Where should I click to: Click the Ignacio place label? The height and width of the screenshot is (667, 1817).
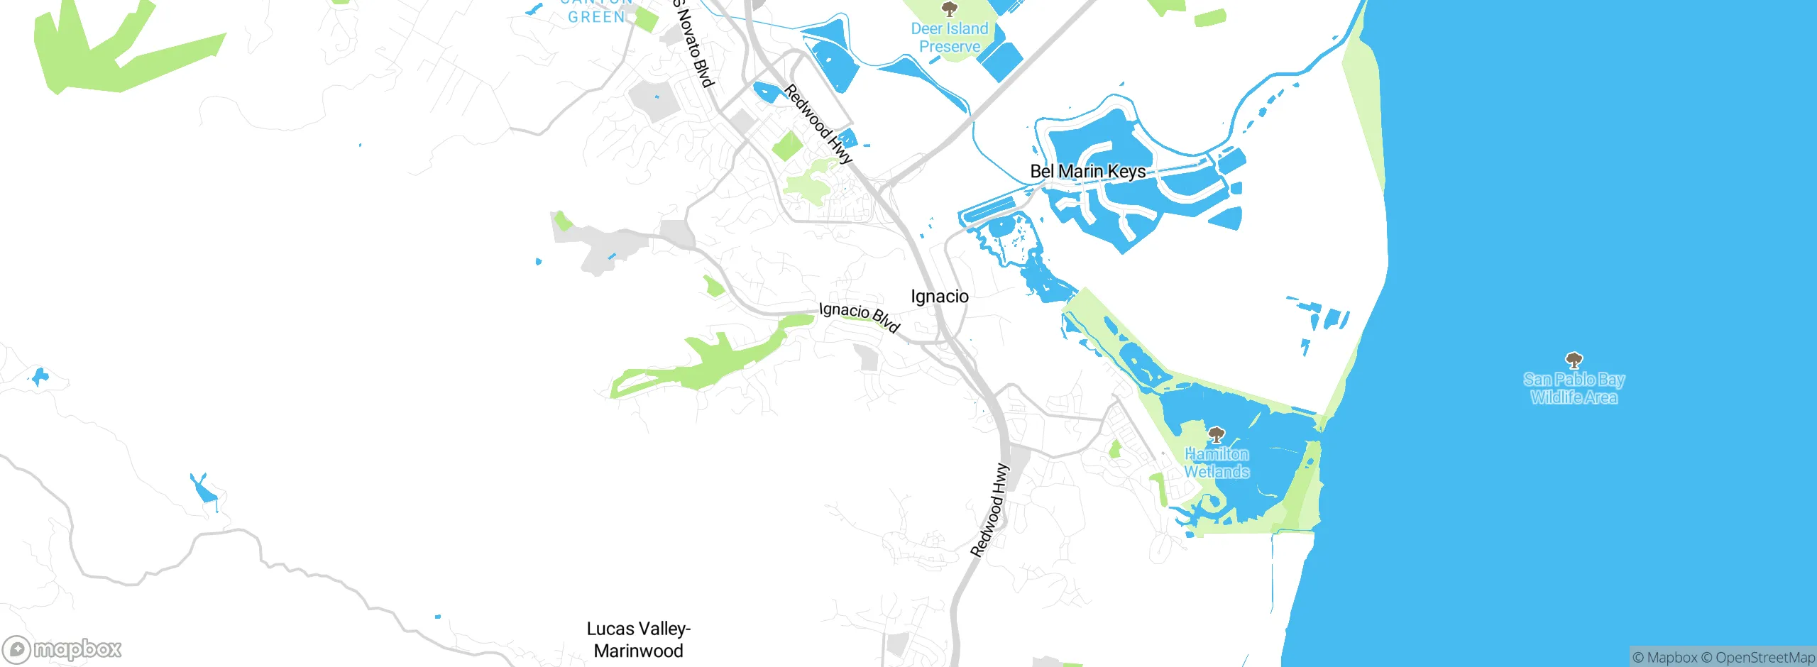(x=939, y=297)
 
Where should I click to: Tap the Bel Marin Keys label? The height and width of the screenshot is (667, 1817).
(x=1087, y=172)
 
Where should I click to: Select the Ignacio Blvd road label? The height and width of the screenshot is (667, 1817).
(x=859, y=316)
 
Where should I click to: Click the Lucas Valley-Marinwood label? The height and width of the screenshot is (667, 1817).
(x=638, y=639)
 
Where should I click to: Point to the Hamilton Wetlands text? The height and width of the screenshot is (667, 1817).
(x=1217, y=463)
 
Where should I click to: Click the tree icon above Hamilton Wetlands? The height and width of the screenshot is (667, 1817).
(x=1217, y=434)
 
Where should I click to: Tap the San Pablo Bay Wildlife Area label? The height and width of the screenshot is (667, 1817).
(x=1574, y=388)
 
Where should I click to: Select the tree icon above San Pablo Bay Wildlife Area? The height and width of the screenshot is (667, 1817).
(x=1574, y=360)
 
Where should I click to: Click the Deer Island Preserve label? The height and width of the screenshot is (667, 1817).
(x=950, y=38)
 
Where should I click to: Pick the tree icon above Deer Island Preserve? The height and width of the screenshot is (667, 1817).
(x=949, y=9)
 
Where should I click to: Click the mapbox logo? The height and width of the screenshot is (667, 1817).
(x=62, y=649)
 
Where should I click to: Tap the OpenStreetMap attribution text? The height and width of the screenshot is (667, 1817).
(x=1764, y=658)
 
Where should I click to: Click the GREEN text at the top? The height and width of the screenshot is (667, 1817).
(x=596, y=17)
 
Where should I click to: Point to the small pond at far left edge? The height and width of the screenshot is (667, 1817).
(x=39, y=376)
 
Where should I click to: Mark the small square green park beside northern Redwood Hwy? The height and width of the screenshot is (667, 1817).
(x=786, y=146)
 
